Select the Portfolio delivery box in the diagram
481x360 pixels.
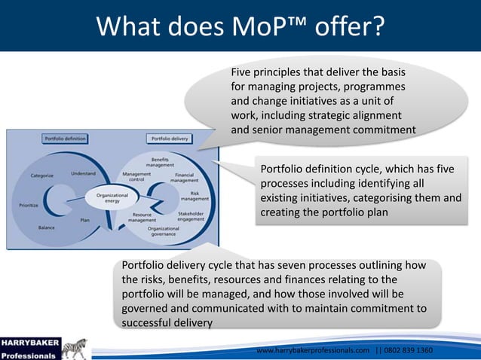click(170, 139)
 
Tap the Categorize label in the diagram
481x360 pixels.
click(41, 175)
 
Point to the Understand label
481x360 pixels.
click(83, 173)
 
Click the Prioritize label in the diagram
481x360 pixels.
click(29, 204)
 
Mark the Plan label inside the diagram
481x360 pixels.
click(85, 220)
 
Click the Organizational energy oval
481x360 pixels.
click(102, 197)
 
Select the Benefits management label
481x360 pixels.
click(160, 162)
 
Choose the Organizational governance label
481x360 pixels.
click(164, 232)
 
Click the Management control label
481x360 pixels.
click(136, 176)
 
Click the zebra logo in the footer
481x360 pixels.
click(78, 349)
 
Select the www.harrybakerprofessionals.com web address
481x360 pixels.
click(313, 351)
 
